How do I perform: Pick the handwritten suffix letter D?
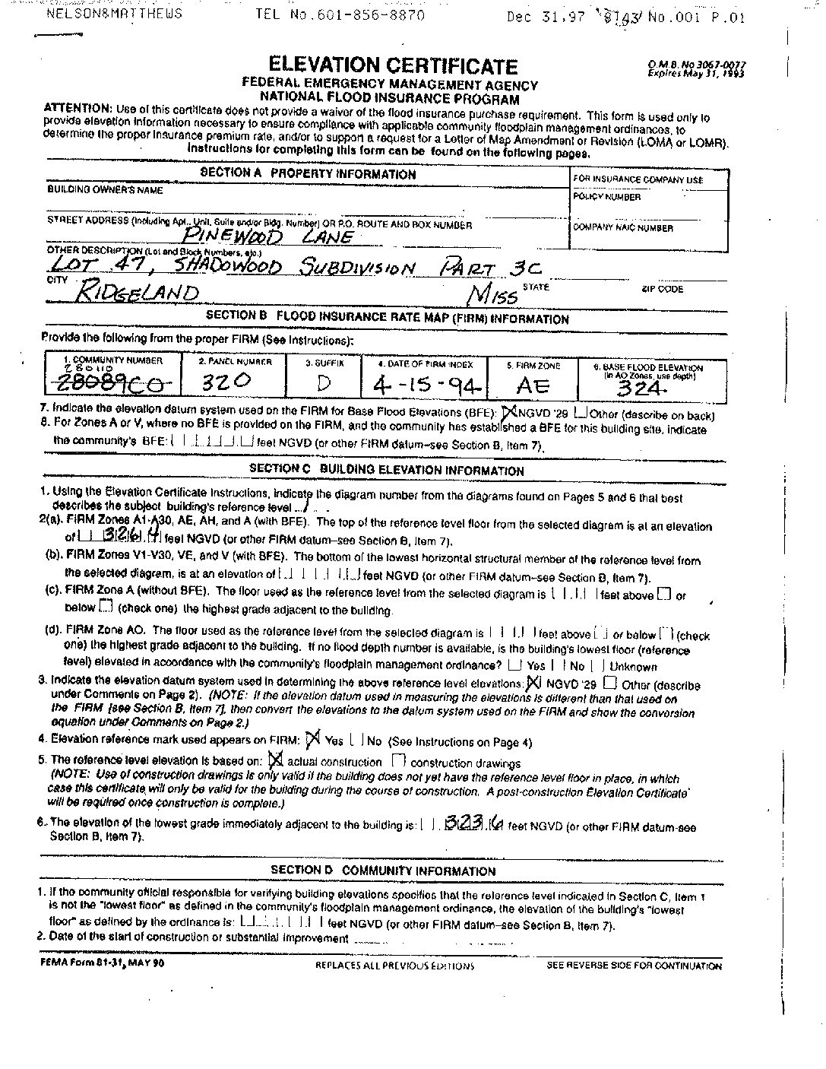point(323,383)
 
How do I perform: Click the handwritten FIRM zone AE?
point(533,385)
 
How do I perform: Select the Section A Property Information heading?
point(308,173)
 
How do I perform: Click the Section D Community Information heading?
point(383,871)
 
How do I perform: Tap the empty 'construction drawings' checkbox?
point(398,761)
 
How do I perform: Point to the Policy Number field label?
point(606,197)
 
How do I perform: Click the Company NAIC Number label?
point(622,227)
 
